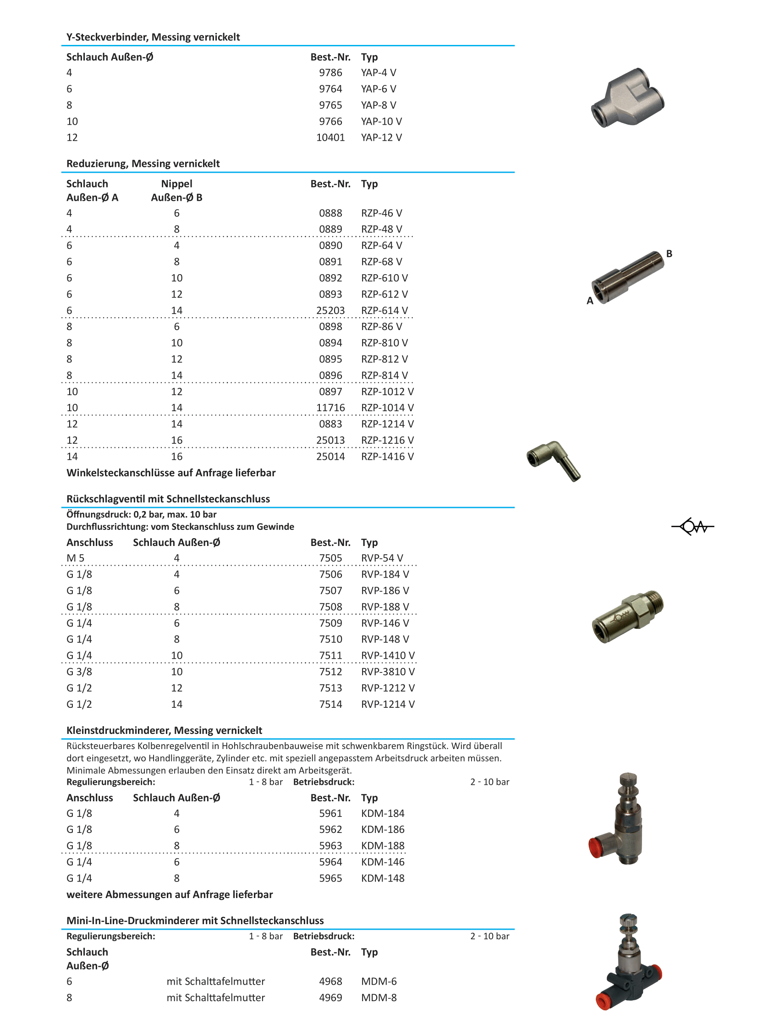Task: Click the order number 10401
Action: click(x=330, y=137)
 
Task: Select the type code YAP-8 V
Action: click(x=378, y=105)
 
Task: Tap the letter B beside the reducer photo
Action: click(x=669, y=254)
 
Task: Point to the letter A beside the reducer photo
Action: click(x=590, y=301)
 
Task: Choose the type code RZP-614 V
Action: click(x=384, y=311)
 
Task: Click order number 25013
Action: click(x=330, y=440)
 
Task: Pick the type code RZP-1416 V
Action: click(x=387, y=457)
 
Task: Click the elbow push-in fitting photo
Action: click(x=553, y=460)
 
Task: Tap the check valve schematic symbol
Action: click(x=692, y=527)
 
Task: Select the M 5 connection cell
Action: click(x=75, y=558)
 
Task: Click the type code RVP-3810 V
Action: click(x=387, y=672)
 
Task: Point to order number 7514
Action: click(x=330, y=704)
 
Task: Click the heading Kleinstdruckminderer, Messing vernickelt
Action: click(x=164, y=730)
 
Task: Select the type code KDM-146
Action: click(x=382, y=862)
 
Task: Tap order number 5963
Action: click(x=330, y=845)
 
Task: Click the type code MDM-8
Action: click(x=379, y=997)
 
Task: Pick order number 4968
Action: click(x=330, y=981)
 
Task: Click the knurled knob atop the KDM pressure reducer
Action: click(x=628, y=779)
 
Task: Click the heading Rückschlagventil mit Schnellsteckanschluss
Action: click(x=168, y=499)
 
